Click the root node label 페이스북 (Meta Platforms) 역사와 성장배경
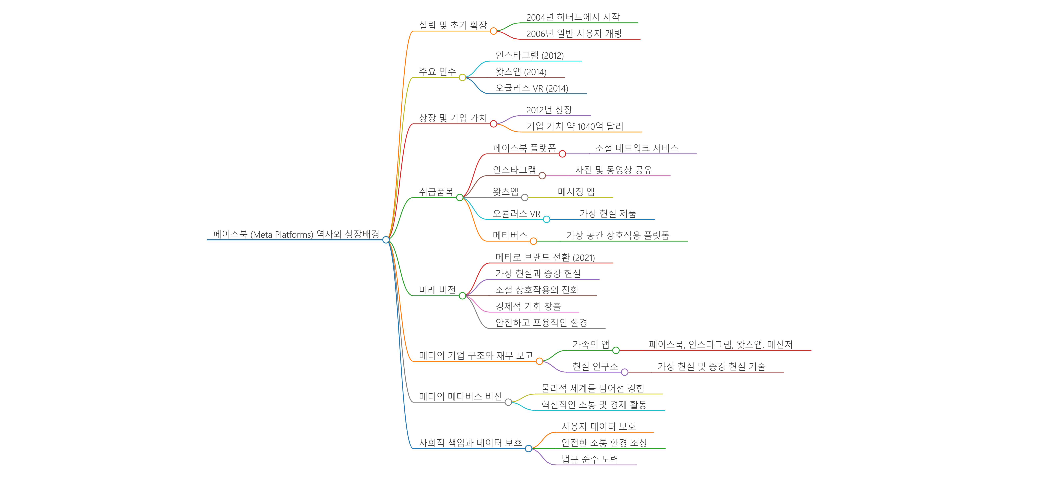[296, 234]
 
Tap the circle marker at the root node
[386, 240]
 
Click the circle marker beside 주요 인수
[462, 77]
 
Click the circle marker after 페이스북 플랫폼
[562, 154]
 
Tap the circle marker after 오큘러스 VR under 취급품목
[546, 219]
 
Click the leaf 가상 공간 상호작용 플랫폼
[618, 235]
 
